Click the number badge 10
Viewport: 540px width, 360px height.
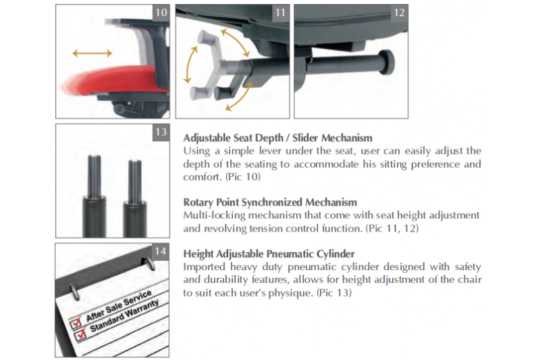coord(161,13)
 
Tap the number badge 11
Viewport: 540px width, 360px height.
coord(281,13)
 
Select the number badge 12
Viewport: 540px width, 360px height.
coord(400,13)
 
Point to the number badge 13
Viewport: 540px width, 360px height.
coord(161,132)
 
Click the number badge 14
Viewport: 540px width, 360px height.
coord(161,251)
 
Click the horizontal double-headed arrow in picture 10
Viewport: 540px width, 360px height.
coord(92,53)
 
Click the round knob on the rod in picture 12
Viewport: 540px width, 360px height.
coord(386,61)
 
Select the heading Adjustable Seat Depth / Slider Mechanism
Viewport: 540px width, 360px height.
coord(277,138)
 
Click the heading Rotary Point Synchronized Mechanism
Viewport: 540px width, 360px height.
coord(270,202)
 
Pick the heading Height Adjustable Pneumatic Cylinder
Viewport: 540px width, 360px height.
coord(269,254)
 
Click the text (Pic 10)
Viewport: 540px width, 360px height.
coord(243,177)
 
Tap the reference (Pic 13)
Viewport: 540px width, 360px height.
coord(334,293)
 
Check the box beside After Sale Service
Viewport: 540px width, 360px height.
coord(76,322)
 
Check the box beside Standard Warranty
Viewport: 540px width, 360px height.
coord(80,334)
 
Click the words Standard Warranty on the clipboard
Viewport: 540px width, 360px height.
coord(124,316)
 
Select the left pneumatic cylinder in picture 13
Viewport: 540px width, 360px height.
coord(94,197)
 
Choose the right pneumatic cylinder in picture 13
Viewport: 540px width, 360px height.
coord(135,199)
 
